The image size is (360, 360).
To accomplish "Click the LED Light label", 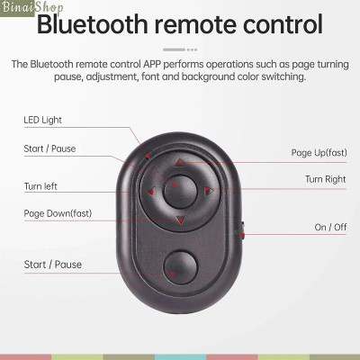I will coord(42,119).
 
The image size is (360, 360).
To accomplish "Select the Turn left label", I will coord(40,186).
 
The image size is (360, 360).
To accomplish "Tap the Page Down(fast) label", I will coord(58,213).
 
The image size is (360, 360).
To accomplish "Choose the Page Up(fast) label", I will coord(319,152).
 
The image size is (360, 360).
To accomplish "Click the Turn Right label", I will coord(325,179).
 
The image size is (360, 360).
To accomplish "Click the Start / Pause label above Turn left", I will coord(49,148).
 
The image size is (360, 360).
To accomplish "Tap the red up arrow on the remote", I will coord(180,164).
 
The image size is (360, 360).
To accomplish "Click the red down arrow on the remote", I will coord(180,219).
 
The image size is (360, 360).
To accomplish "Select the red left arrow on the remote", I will coord(152,191).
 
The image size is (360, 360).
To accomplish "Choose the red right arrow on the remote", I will coord(208,191).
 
